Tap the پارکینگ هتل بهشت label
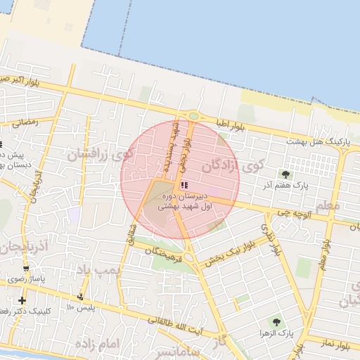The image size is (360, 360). coord(319,142)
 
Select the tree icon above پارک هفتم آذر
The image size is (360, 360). coord(285,174)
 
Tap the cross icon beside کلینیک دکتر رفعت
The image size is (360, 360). coord(22,301)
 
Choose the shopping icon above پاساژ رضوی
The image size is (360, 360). coord(27,269)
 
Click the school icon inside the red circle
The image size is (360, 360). coord(184,186)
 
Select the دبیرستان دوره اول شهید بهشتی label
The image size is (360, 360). coord(185,201)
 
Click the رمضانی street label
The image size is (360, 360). coord(25,122)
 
